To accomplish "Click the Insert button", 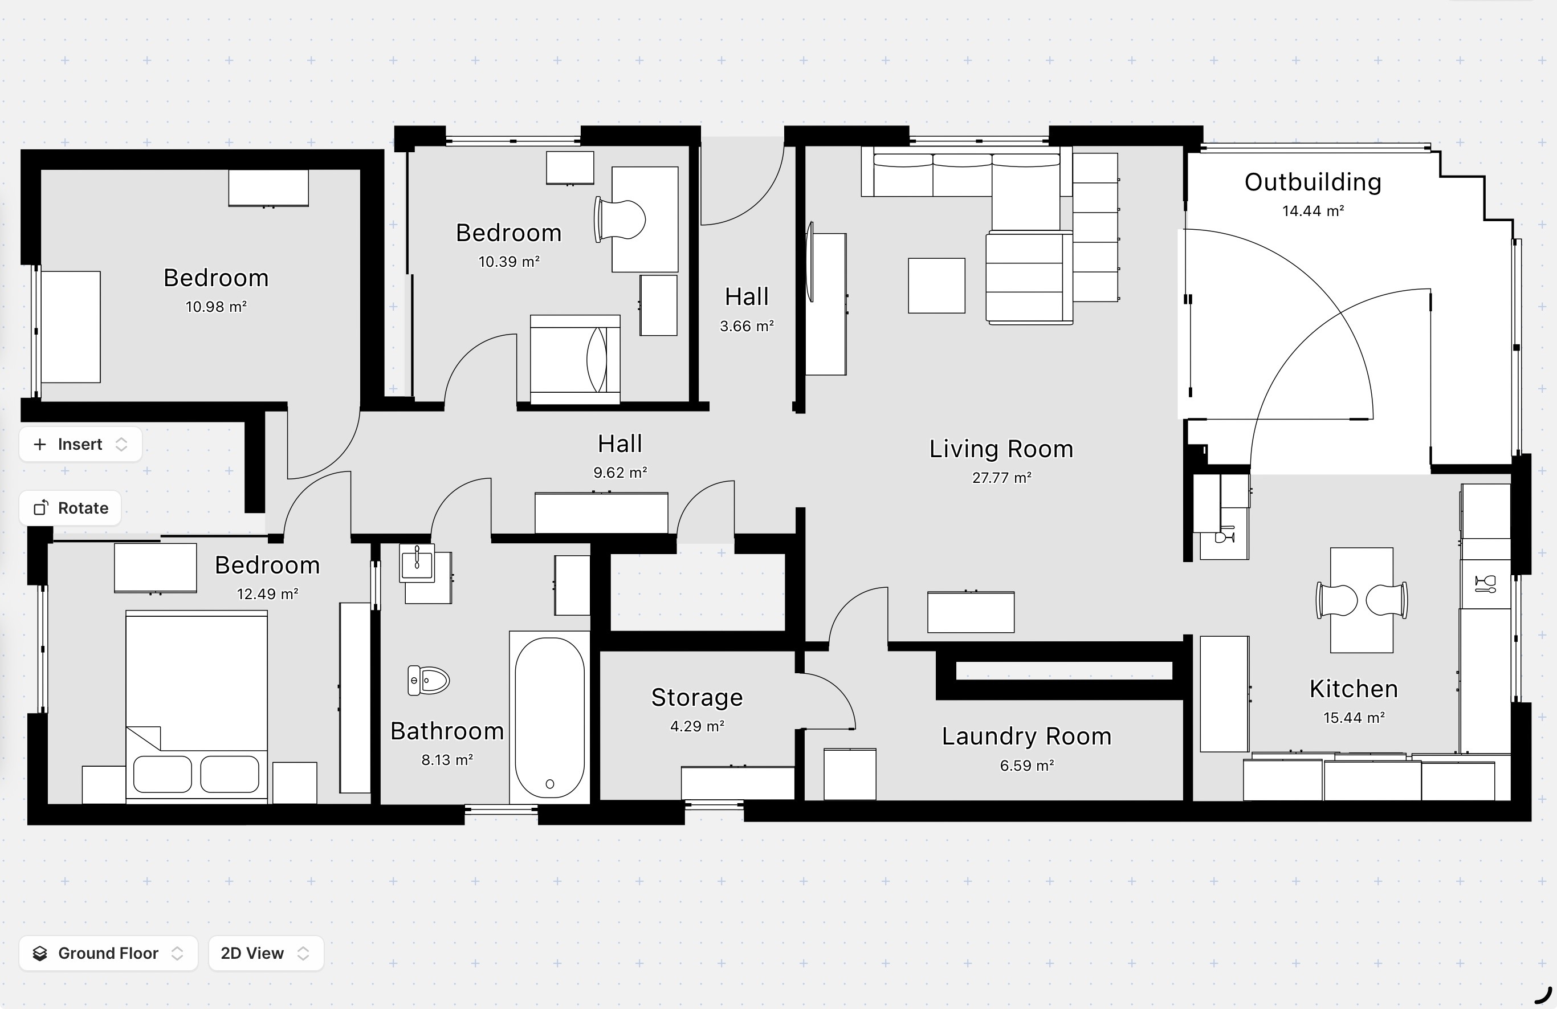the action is click(x=80, y=444).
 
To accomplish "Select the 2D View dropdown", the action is click(x=266, y=953).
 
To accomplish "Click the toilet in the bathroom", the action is click(x=429, y=681).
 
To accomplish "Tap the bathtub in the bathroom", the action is click(x=549, y=717).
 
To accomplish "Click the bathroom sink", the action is click(x=417, y=562).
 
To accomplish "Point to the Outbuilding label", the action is click(x=1313, y=182).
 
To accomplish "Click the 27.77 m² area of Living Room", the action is click(x=1001, y=478).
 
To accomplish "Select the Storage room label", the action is click(x=698, y=698).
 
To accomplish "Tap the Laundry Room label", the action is click(x=1026, y=736).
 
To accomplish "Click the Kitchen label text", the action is click(x=1354, y=689).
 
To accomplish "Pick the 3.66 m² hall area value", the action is click(x=747, y=326).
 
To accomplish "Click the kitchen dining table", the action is click(x=1362, y=600).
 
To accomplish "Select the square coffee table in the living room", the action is click(x=937, y=285).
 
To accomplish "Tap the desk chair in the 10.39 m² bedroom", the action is click(x=620, y=220).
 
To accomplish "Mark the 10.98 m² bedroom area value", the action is click(x=216, y=307).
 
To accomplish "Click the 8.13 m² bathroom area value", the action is click(x=447, y=760).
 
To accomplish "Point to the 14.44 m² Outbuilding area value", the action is click(x=1313, y=211).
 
